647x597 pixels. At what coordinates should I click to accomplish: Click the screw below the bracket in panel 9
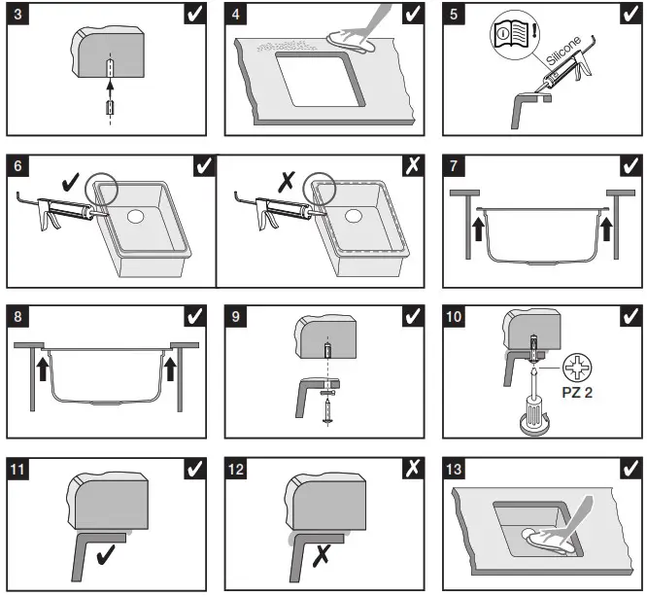(x=327, y=407)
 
